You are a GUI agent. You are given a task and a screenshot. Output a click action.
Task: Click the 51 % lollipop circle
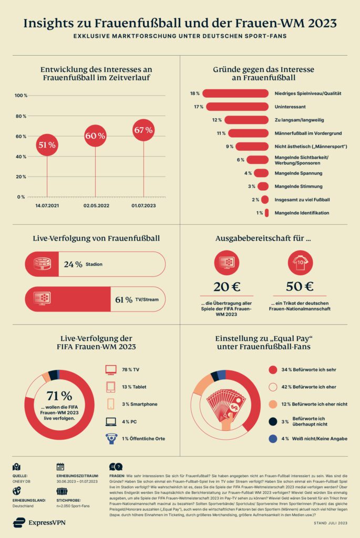[47, 146]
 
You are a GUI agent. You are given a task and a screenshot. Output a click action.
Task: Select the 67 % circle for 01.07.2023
[143, 130]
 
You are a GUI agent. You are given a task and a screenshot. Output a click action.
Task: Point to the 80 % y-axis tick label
[20, 116]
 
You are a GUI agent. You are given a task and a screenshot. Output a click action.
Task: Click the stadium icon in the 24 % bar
[42, 264]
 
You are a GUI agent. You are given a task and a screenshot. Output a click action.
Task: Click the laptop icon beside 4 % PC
[111, 421]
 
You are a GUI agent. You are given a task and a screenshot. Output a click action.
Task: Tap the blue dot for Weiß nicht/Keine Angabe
[272, 438]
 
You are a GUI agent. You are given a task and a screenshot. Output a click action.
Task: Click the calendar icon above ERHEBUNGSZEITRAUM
[60, 466]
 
